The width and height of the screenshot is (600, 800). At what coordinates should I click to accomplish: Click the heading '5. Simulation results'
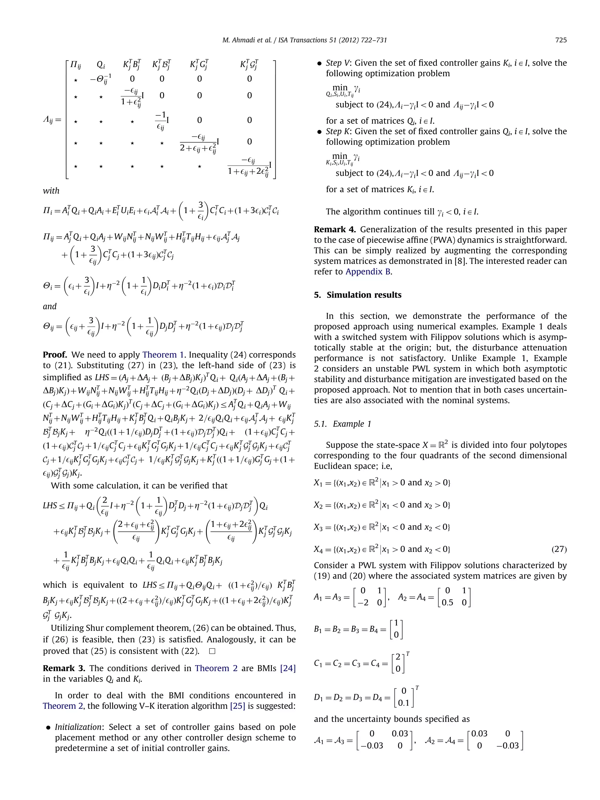point(357,295)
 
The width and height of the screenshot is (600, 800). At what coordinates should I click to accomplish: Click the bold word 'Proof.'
point(55,354)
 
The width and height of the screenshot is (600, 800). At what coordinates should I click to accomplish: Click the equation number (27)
point(559,549)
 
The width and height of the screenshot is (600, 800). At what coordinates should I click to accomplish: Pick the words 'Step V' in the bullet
point(338,63)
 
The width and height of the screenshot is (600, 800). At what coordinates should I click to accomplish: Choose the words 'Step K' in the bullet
point(338,131)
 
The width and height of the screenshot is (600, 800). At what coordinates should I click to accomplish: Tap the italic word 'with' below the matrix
point(51,191)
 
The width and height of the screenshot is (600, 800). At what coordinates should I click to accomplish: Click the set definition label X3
point(319,527)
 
